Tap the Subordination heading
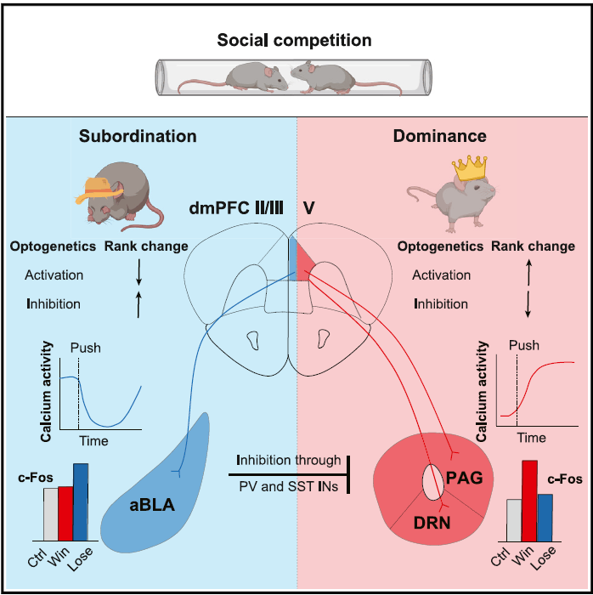coord(138,136)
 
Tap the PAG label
coord(464,478)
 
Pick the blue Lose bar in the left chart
coord(81,501)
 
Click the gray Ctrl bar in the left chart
coord(50,513)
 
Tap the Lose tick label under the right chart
coord(545,561)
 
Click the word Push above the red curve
coord(524,345)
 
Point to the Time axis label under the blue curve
coord(93,441)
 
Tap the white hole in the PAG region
coord(433,480)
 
